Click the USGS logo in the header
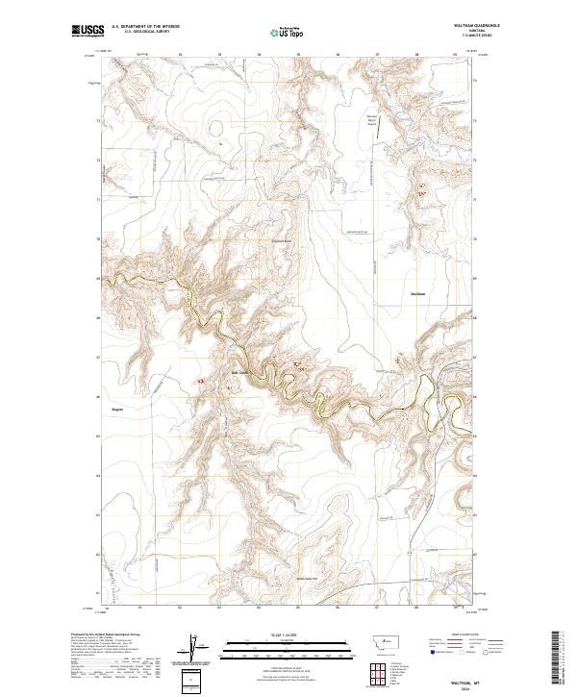pos(86,33)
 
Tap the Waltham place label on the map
pos(417,293)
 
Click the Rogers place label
pos(118,408)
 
